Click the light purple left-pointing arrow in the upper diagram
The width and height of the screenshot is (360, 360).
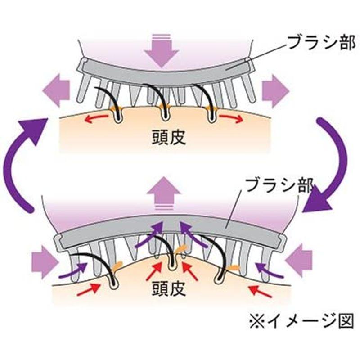pyautogui.click(x=56, y=92)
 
